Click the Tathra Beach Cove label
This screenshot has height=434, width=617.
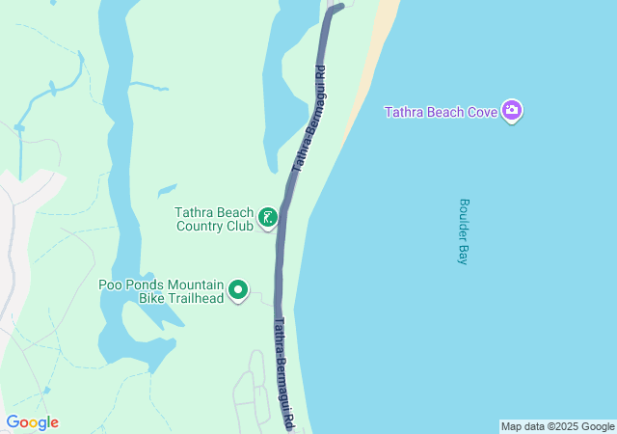[x=441, y=112]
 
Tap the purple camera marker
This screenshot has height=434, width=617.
[x=513, y=111]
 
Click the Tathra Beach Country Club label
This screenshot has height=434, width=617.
[x=214, y=220]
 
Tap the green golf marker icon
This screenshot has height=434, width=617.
[x=267, y=218]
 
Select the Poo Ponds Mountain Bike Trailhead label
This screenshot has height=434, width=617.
[x=161, y=291]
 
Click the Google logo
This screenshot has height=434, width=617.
[x=32, y=422]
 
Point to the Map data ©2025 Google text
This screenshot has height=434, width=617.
[x=557, y=426]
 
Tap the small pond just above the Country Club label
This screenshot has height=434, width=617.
[x=167, y=189]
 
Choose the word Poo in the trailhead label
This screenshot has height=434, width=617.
[x=110, y=285]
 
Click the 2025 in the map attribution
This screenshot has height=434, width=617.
[x=570, y=426]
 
